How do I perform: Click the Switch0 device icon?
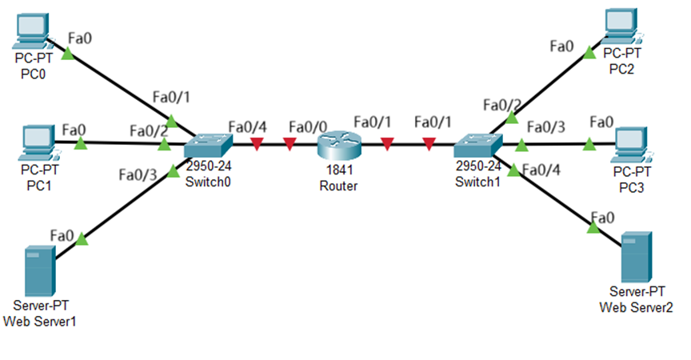[x=208, y=146]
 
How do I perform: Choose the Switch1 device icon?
[x=477, y=146]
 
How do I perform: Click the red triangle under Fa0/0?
[x=290, y=145]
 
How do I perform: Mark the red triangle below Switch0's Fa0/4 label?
[x=257, y=145]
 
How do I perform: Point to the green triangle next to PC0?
[x=67, y=54]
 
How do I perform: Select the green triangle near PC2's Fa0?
[x=589, y=54]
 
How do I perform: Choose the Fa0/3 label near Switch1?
[x=546, y=126]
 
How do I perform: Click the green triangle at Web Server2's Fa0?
[x=593, y=228]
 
